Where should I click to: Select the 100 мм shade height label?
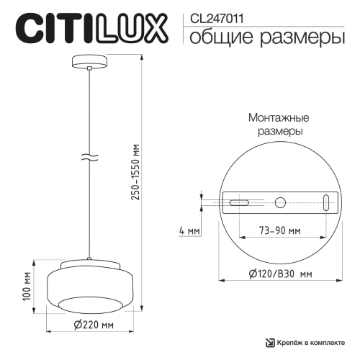(x=27, y=286)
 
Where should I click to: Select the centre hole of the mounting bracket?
(x=279, y=203)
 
